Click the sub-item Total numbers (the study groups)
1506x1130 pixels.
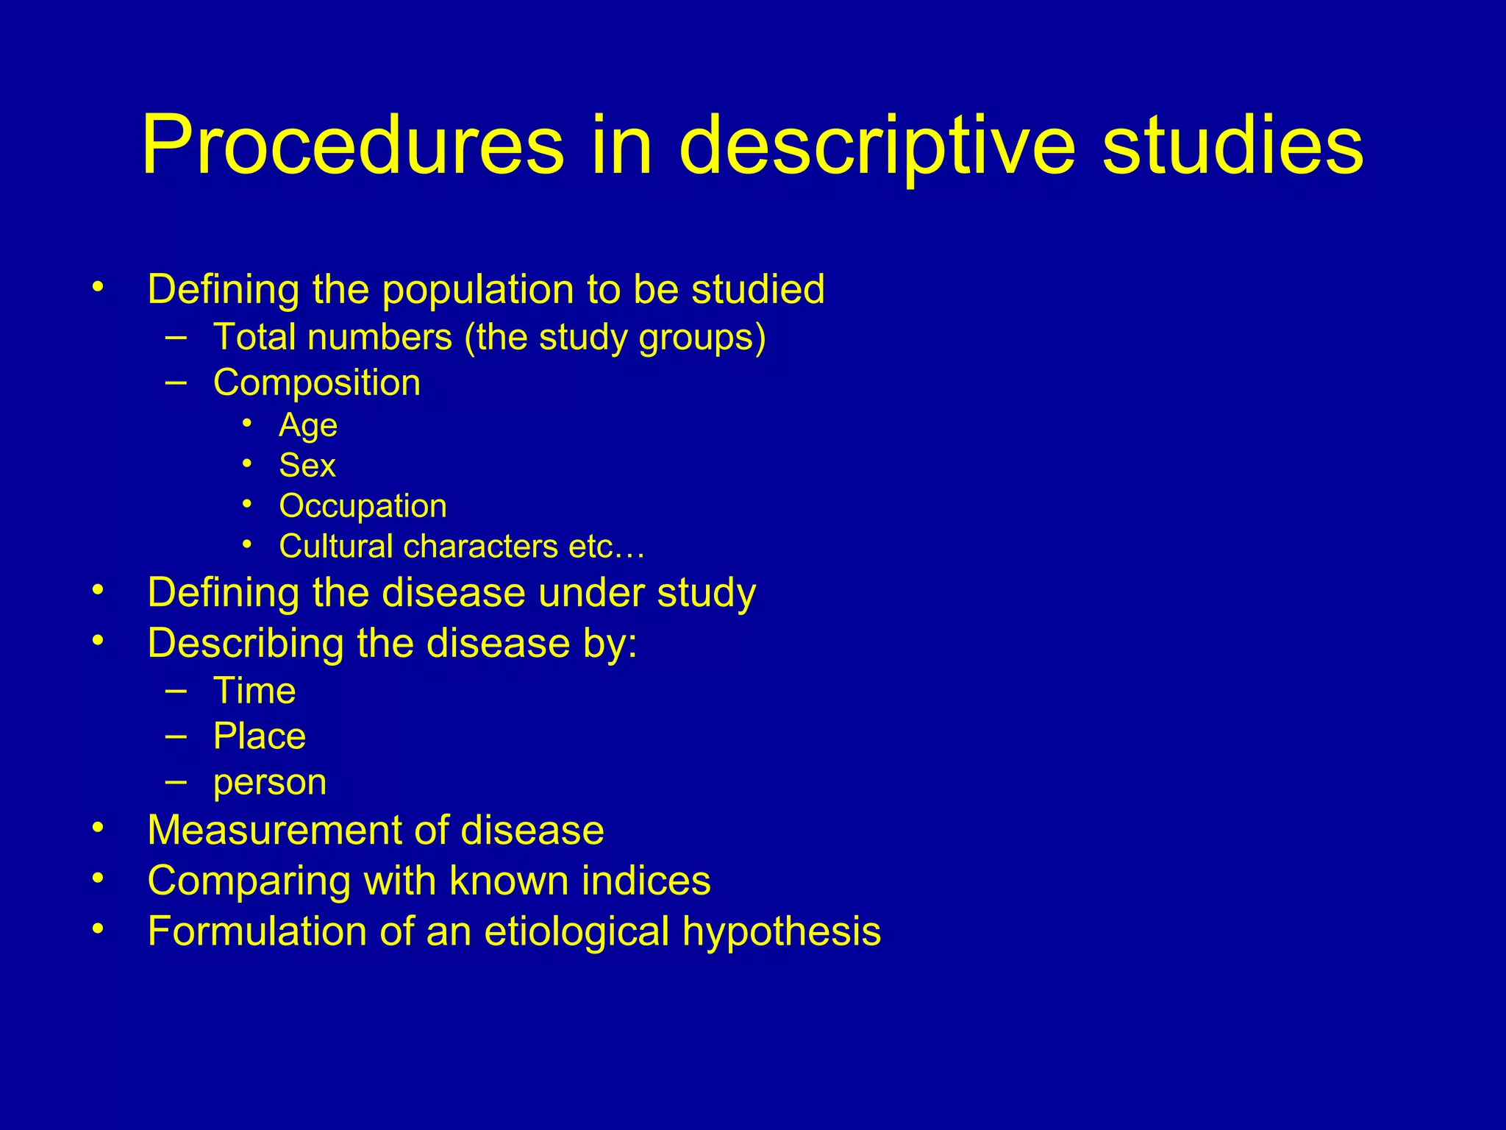tap(489, 338)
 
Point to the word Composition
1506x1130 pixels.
tap(316, 383)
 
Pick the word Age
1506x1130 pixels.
tap(308, 425)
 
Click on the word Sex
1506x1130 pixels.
tap(307, 466)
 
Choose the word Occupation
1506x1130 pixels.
tap(363, 506)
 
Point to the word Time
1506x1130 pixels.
tap(254, 691)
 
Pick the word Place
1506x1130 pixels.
tap(259, 736)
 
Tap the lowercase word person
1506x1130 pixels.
tap(269, 783)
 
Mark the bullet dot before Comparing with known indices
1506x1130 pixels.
tap(98, 878)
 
